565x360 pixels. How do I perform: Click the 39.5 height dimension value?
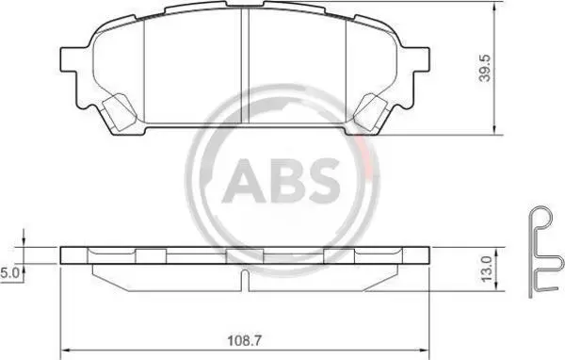[485, 68]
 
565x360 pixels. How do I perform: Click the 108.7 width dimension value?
[244, 340]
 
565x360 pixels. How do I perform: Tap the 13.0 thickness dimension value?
[486, 270]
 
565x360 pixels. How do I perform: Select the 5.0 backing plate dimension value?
[9, 273]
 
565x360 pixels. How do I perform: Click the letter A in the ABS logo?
[244, 181]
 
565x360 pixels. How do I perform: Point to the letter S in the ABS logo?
[322, 180]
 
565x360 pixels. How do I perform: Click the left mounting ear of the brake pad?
[70, 59]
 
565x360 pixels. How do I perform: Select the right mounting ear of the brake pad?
[421, 58]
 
